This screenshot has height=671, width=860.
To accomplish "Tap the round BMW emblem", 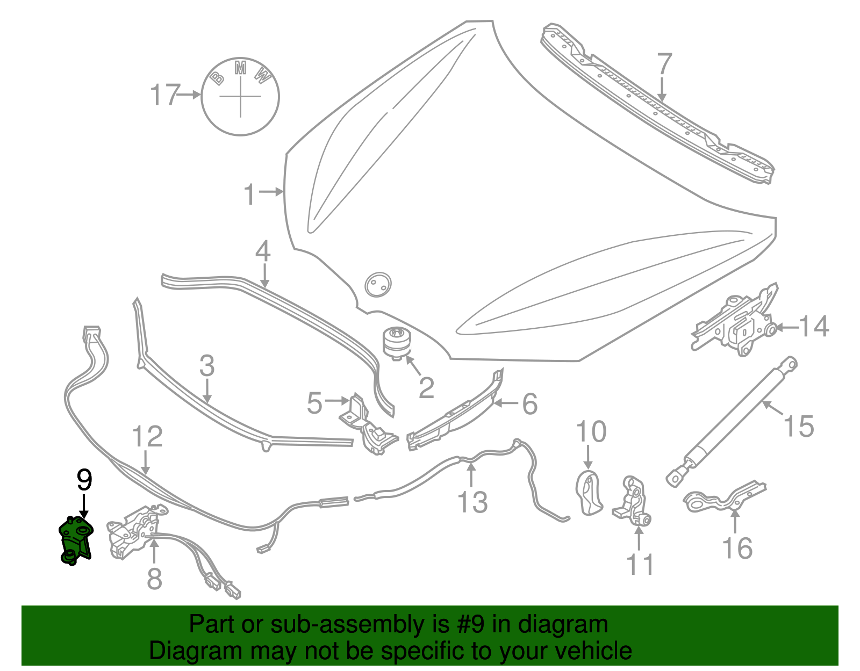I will (x=240, y=96).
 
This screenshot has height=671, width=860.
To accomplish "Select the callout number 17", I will (x=164, y=95).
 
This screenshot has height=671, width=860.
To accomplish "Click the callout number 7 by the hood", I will (x=664, y=64).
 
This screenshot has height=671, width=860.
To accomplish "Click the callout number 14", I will (x=814, y=327).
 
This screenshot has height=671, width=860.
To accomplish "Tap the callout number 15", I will (x=799, y=427).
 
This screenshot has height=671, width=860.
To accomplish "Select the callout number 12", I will (x=147, y=436).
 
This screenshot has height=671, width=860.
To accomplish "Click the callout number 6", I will (x=530, y=403).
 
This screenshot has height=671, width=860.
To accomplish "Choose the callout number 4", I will (x=262, y=251).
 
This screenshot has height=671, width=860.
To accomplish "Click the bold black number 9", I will (x=84, y=480).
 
